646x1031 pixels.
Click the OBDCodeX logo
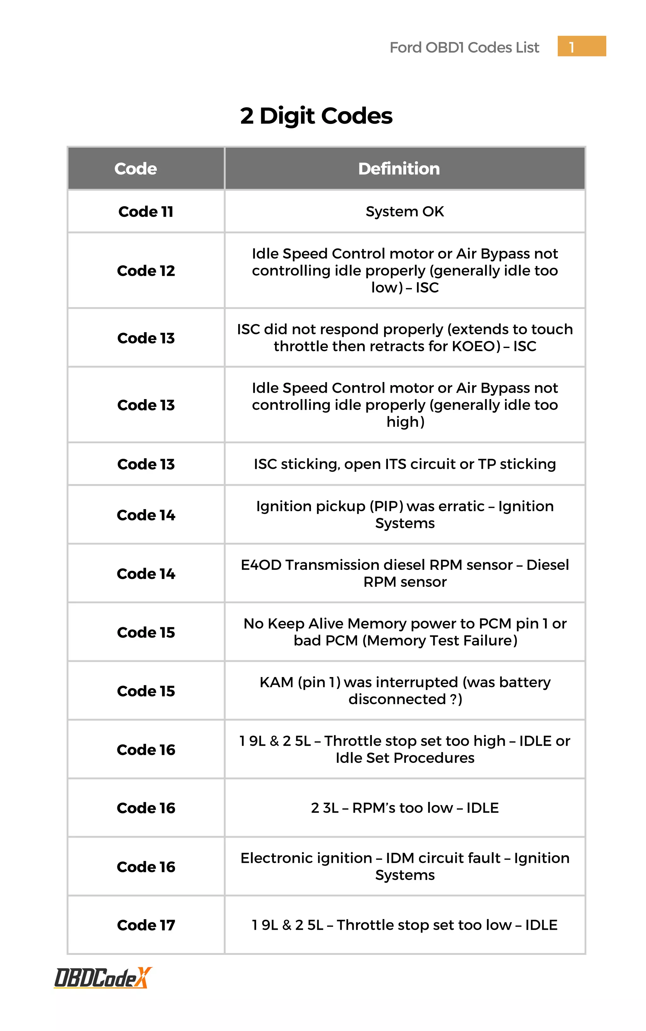coord(103,978)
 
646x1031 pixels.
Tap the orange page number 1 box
coord(581,46)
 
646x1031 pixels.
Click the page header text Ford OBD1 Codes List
coord(464,47)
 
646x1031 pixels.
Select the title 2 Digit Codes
coord(316,116)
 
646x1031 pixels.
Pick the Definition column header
coord(399,169)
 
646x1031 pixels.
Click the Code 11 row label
coord(146,211)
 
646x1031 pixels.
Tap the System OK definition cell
coord(405,211)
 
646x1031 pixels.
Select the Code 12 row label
coord(146,270)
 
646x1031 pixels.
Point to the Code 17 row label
coord(146,925)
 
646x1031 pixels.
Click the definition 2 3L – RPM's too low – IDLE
coord(405,808)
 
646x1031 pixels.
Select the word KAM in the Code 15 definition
coord(276,682)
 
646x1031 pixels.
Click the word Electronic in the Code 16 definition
coord(306,858)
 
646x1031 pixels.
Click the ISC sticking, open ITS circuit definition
coord(405,464)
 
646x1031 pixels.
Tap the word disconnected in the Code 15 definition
coord(397,699)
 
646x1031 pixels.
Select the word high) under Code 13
coord(405,422)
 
